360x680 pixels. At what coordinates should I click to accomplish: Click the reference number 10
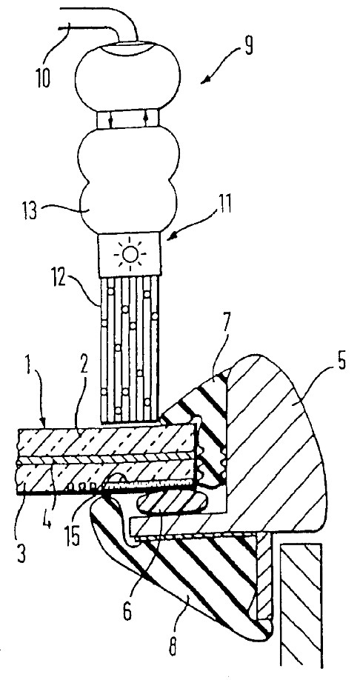pos(43,79)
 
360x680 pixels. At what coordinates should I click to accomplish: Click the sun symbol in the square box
pos(130,253)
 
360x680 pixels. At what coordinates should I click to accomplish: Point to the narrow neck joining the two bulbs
pos(128,119)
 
